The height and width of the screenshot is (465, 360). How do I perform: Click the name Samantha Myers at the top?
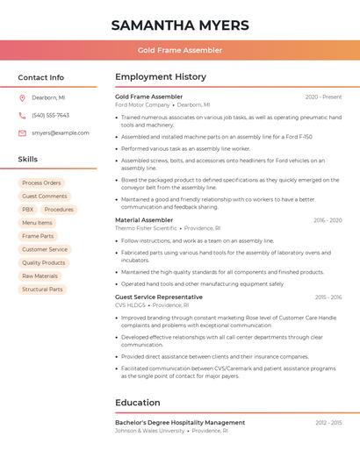click(x=179, y=25)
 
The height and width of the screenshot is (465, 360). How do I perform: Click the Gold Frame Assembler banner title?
click(x=179, y=50)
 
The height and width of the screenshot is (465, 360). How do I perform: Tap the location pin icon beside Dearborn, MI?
click(x=22, y=97)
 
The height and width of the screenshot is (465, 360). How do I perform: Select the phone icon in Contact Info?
click(x=22, y=115)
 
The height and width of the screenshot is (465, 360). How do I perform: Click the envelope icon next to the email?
click(x=22, y=133)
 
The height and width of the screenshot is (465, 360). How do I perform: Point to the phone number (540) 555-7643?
click(x=50, y=115)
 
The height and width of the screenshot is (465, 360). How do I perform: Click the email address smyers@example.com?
click(x=61, y=133)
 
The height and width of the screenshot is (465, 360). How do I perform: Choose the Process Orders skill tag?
click(x=41, y=183)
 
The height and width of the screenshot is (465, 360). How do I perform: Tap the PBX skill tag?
click(x=28, y=210)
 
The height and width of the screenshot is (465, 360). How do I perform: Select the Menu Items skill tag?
click(x=37, y=223)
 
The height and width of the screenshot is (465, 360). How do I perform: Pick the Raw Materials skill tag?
click(x=40, y=275)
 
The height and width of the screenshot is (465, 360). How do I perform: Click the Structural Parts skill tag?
click(x=42, y=289)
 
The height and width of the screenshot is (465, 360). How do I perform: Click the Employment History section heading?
click(x=161, y=77)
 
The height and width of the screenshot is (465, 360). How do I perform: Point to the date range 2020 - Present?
click(x=323, y=97)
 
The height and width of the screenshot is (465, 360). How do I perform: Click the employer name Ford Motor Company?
click(x=142, y=104)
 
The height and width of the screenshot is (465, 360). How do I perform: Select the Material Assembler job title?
click(x=144, y=220)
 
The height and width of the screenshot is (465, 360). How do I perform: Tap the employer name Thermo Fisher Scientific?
click(x=146, y=228)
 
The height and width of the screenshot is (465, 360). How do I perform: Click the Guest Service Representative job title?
click(x=158, y=297)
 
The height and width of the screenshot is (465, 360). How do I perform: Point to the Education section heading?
click(x=138, y=403)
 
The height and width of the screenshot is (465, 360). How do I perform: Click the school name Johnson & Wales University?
click(x=149, y=431)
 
